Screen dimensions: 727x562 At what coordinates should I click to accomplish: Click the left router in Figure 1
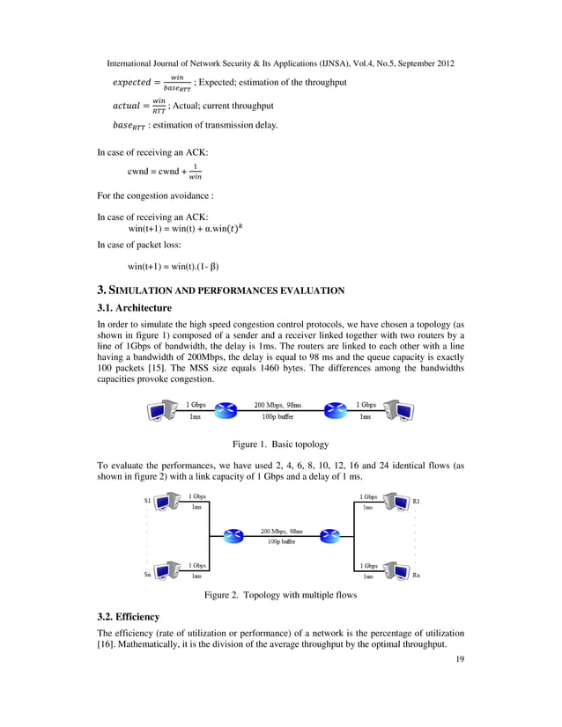pyautogui.click(x=227, y=410)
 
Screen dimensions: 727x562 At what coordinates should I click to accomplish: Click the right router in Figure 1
pyautogui.click(x=336, y=410)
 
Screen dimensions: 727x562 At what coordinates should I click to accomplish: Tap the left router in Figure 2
pyautogui.click(x=233, y=536)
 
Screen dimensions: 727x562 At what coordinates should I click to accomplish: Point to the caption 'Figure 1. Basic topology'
pyautogui.click(x=280, y=444)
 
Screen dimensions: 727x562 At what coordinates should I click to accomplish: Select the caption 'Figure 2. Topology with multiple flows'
pyautogui.click(x=281, y=596)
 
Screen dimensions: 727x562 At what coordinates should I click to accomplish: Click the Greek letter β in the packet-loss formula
pyautogui.click(x=212, y=266)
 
